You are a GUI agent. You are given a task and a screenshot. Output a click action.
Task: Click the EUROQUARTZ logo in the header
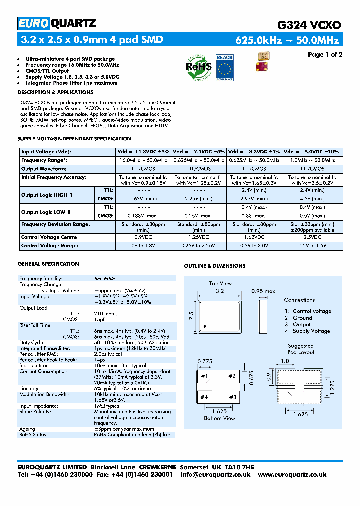click(57, 23)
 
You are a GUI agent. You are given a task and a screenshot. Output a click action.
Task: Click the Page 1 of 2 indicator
click(325, 55)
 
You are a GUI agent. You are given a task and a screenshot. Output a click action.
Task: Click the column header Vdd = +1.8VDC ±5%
click(143, 151)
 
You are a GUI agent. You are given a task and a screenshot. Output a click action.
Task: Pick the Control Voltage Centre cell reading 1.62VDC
click(254, 237)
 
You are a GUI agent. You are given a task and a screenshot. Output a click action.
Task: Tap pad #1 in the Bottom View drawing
click(204, 376)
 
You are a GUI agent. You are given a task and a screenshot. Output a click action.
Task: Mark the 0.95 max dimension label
click(263, 291)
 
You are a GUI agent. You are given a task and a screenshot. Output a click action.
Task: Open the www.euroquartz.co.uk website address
click(300, 474)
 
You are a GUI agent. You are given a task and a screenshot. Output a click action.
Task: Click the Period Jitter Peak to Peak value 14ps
click(99, 360)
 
